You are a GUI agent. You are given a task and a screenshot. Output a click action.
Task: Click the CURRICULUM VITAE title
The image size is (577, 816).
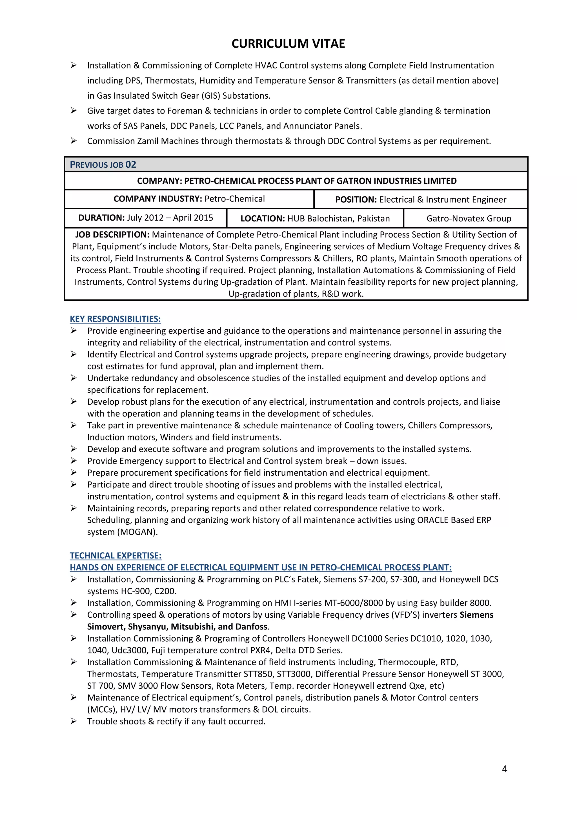288,44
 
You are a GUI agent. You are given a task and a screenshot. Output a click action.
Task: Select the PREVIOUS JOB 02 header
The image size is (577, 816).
103,165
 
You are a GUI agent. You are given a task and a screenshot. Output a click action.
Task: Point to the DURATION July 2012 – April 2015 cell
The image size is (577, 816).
146,218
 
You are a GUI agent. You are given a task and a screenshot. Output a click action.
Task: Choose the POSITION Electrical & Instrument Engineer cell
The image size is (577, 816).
421,200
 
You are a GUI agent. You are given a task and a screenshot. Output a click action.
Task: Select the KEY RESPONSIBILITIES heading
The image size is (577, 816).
115,319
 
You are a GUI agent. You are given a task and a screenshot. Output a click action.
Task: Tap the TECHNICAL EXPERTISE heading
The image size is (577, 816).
116,555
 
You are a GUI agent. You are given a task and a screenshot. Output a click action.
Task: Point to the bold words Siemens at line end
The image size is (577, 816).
476,615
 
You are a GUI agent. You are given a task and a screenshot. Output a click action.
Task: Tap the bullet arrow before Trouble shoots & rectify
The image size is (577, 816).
74,721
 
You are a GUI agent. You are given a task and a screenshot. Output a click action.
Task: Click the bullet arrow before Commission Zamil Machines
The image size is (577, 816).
74,141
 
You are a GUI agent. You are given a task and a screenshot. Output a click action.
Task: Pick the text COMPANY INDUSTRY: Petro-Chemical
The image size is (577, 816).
189,199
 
